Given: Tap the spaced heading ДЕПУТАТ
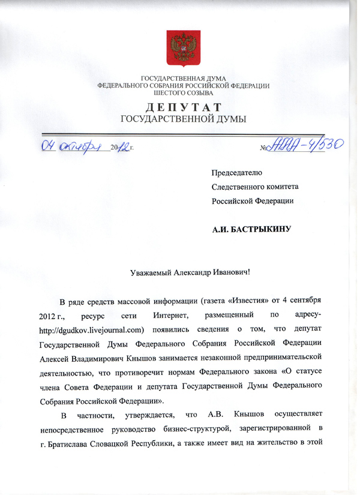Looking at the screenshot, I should (183, 107).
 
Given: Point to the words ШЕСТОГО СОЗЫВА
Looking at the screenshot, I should (183, 94).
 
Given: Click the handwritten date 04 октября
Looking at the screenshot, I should (71, 146).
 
